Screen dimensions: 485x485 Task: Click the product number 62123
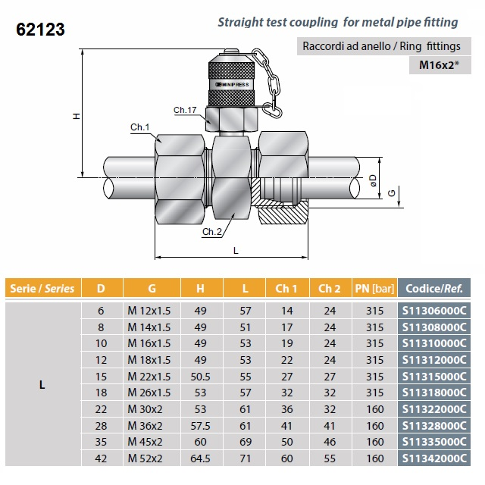point(40,30)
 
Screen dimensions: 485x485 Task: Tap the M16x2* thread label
point(443,65)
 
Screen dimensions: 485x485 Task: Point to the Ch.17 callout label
point(185,111)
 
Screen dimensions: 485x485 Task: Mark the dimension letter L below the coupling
point(236,250)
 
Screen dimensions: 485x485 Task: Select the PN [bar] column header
point(374,288)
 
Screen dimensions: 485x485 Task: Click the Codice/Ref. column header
point(434,288)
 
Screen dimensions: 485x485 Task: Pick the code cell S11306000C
point(433,311)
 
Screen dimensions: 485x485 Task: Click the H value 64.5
point(200,458)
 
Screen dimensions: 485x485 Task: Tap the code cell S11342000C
point(433,458)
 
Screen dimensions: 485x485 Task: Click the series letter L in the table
point(42,384)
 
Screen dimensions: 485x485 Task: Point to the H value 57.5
point(200,426)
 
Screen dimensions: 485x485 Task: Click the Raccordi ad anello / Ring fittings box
point(382,46)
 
